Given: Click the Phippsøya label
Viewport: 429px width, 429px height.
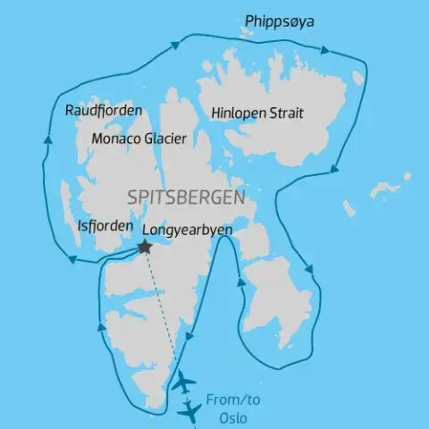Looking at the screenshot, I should pos(280,21).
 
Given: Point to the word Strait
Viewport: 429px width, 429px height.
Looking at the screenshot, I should pos(289,114).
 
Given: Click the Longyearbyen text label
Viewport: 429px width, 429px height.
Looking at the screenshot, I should pos(194,230).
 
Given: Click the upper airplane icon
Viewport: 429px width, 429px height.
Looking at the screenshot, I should pos(185,382).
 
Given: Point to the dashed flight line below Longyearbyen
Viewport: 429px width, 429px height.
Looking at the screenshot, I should pos(163,313).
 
